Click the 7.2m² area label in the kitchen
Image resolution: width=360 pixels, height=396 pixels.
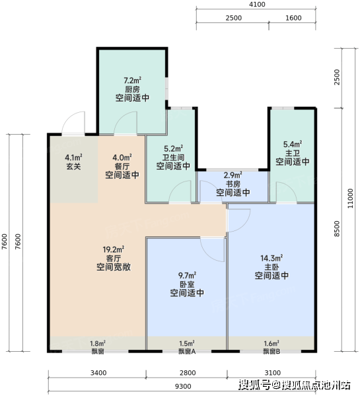[132, 81]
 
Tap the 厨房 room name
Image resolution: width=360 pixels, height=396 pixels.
[132, 89]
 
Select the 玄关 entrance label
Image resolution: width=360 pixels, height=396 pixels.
[73, 166]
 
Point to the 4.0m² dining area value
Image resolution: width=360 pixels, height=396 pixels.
[122, 158]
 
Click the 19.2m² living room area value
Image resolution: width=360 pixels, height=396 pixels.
[114, 249]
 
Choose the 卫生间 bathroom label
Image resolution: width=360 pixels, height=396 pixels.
[174, 158]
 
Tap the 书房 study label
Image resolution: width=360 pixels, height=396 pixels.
[233, 183]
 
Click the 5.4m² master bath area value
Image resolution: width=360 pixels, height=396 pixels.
[293, 144]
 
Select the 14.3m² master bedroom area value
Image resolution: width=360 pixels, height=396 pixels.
[271, 258]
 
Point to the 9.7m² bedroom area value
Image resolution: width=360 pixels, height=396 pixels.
[188, 275]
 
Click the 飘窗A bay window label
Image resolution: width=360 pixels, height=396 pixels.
[187, 351]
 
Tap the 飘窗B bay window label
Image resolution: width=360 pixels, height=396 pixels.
[271, 351]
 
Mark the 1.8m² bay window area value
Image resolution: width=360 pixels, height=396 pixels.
[98, 343]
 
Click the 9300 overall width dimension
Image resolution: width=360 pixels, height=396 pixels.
[183, 386]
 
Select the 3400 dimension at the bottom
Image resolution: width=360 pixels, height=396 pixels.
[98, 373]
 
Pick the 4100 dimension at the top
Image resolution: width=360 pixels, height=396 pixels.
[257, 5]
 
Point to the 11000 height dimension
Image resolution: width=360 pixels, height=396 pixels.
[350, 199]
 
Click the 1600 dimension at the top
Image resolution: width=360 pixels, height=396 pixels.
[293, 18]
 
